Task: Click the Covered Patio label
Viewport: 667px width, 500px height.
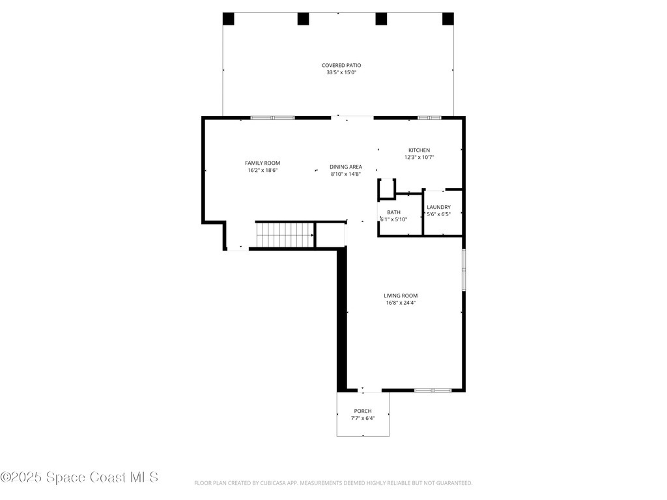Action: click(x=341, y=65)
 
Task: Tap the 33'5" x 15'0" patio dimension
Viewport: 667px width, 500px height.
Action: click(x=341, y=73)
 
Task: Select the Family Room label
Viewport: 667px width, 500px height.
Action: click(x=263, y=163)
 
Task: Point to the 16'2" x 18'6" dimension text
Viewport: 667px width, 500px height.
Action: click(x=263, y=171)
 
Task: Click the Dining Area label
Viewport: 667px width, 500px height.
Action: click(x=346, y=167)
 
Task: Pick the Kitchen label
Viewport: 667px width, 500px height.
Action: click(x=419, y=150)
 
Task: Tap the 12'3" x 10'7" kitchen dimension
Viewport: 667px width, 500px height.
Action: click(x=419, y=158)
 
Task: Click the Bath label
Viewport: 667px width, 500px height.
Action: click(x=393, y=212)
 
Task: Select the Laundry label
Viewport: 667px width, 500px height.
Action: click(x=438, y=207)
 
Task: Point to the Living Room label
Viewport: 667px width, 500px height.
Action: click(x=401, y=296)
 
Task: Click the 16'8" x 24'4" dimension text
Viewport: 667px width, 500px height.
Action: click(x=401, y=303)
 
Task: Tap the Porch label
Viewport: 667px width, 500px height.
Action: click(x=363, y=411)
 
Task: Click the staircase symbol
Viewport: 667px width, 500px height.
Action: click(x=284, y=234)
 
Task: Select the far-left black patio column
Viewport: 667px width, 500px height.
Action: click(x=229, y=19)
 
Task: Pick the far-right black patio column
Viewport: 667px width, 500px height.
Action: click(x=447, y=19)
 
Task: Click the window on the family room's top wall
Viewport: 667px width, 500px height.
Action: click(x=272, y=118)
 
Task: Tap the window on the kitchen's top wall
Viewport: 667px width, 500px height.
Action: click(x=429, y=118)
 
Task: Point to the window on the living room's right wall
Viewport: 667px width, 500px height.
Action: click(x=464, y=270)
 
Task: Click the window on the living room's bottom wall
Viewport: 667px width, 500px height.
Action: click(x=433, y=390)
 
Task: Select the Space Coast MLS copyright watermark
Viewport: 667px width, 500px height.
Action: click(x=79, y=477)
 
